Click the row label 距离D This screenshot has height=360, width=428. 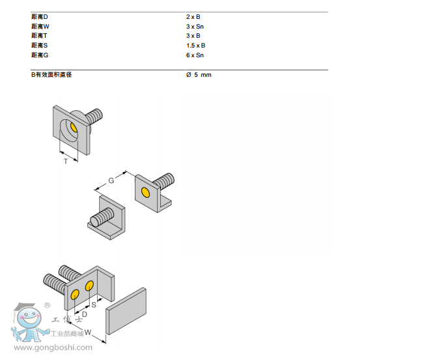40,16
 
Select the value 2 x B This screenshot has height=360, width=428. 193,16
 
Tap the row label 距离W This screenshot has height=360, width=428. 40,26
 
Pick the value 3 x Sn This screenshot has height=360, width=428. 195,26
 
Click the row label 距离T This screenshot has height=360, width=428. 40,36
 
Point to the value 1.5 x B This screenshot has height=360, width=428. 195,46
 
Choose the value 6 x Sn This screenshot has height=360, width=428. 195,55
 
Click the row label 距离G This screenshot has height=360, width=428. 40,55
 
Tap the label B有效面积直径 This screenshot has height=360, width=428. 51,75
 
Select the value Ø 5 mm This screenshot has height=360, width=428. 199,75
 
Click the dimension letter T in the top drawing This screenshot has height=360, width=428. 65,160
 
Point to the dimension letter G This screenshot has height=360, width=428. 111,180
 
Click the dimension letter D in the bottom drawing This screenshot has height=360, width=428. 84,314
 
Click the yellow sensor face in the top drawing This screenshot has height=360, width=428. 74,128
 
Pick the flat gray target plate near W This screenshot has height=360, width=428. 126,312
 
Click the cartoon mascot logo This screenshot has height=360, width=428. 29,323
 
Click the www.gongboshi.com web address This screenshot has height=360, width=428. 53,348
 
